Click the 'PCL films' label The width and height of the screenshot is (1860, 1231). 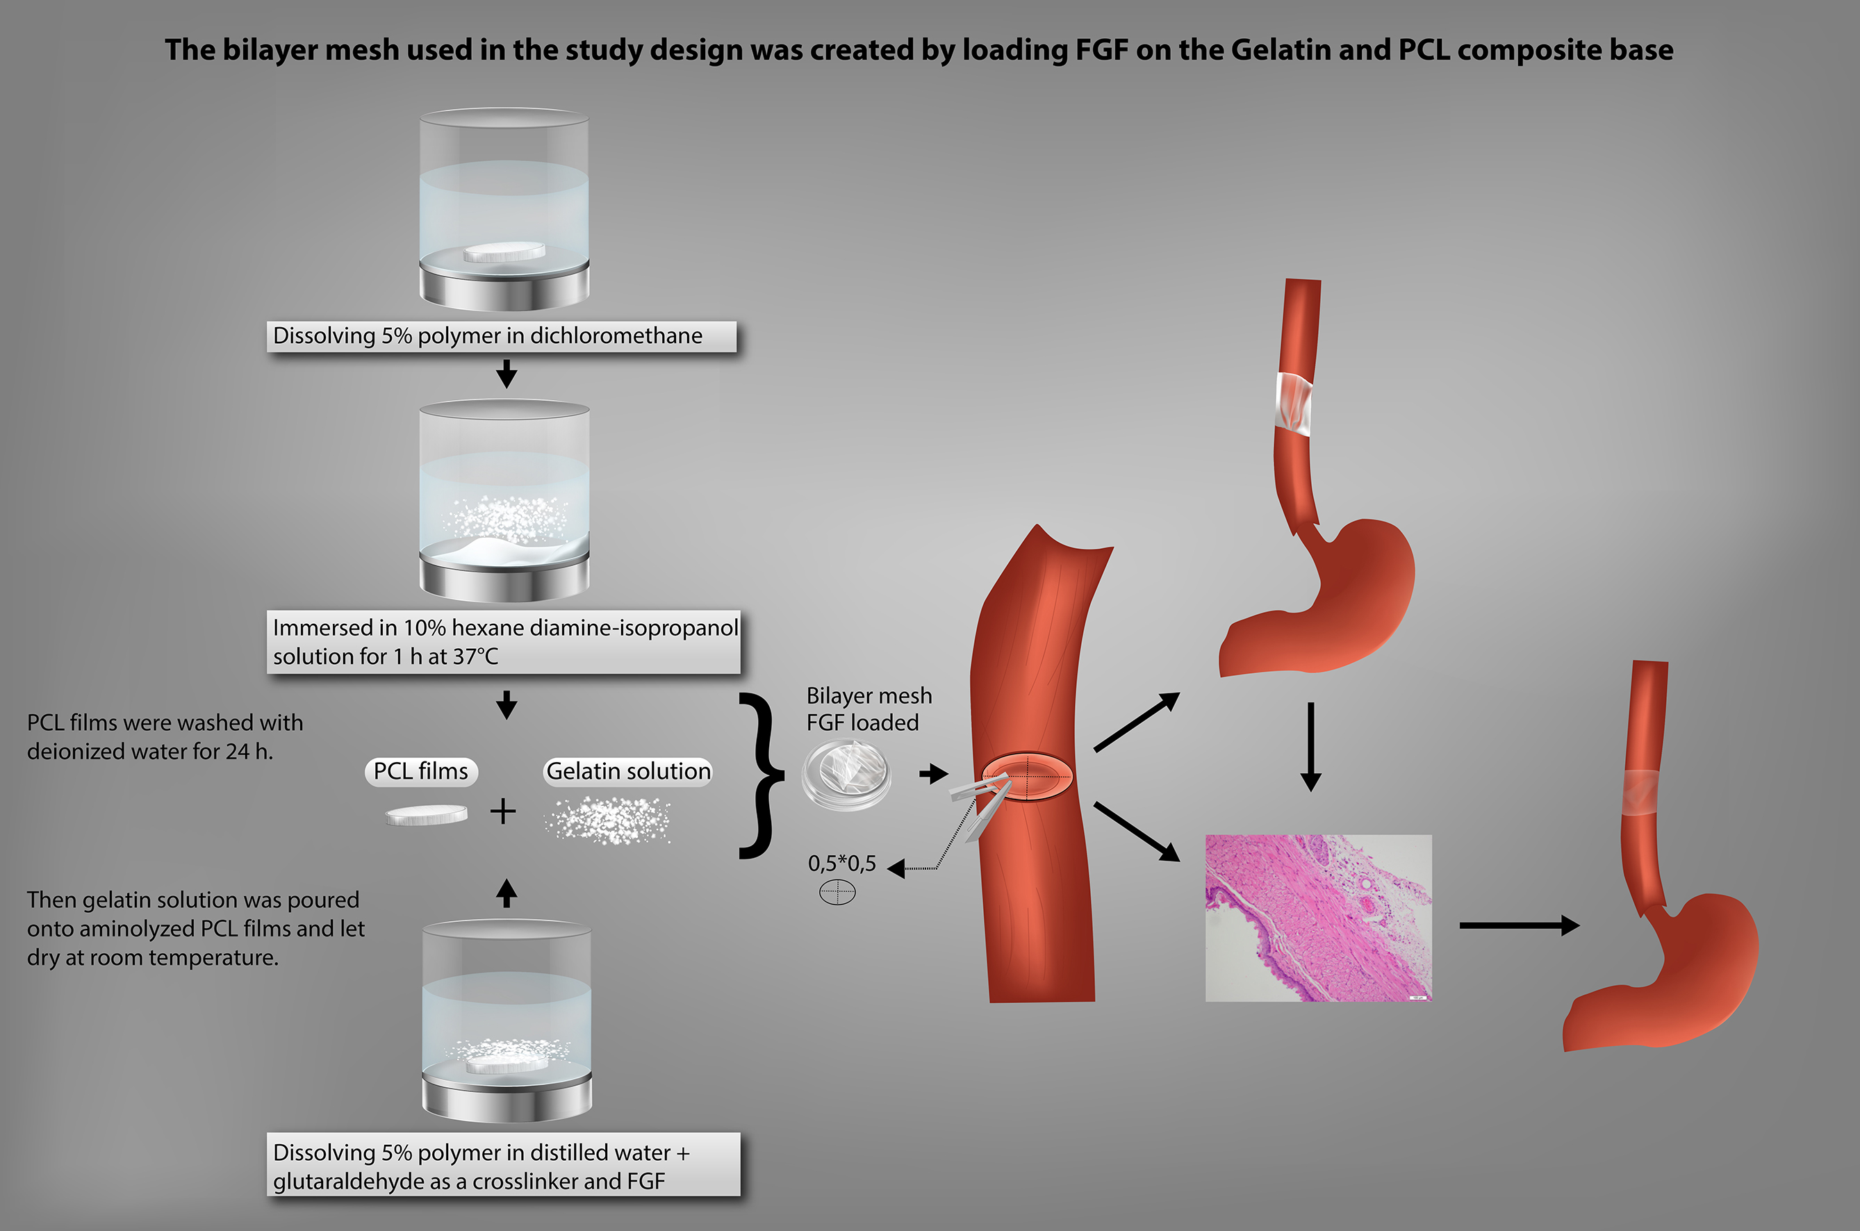pyautogui.click(x=421, y=771)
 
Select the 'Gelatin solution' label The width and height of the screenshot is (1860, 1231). pyautogui.click(x=628, y=771)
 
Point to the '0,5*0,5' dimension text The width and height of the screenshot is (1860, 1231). pyautogui.click(x=841, y=864)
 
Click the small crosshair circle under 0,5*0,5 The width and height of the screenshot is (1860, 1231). pyautogui.click(x=837, y=892)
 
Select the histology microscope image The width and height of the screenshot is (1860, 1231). pyautogui.click(x=1318, y=918)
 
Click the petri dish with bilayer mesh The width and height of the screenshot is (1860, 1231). pyautogui.click(x=846, y=773)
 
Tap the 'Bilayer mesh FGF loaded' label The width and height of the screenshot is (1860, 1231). pyautogui.click(x=868, y=709)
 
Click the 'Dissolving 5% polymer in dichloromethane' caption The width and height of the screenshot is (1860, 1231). pyautogui.click(x=501, y=336)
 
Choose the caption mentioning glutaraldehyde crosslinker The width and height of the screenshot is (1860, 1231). pyautogui.click(x=503, y=1166)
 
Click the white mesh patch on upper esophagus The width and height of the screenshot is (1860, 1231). pyautogui.click(x=1294, y=403)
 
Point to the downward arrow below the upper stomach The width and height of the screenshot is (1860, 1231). pyautogui.click(x=1310, y=746)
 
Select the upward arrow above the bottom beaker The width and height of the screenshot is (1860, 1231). pyautogui.click(x=507, y=893)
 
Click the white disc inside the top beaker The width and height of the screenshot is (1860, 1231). pyautogui.click(x=503, y=252)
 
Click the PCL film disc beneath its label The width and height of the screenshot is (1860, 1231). pyautogui.click(x=427, y=815)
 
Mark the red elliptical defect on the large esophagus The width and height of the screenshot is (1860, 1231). pyautogui.click(x=1027, y=777)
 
